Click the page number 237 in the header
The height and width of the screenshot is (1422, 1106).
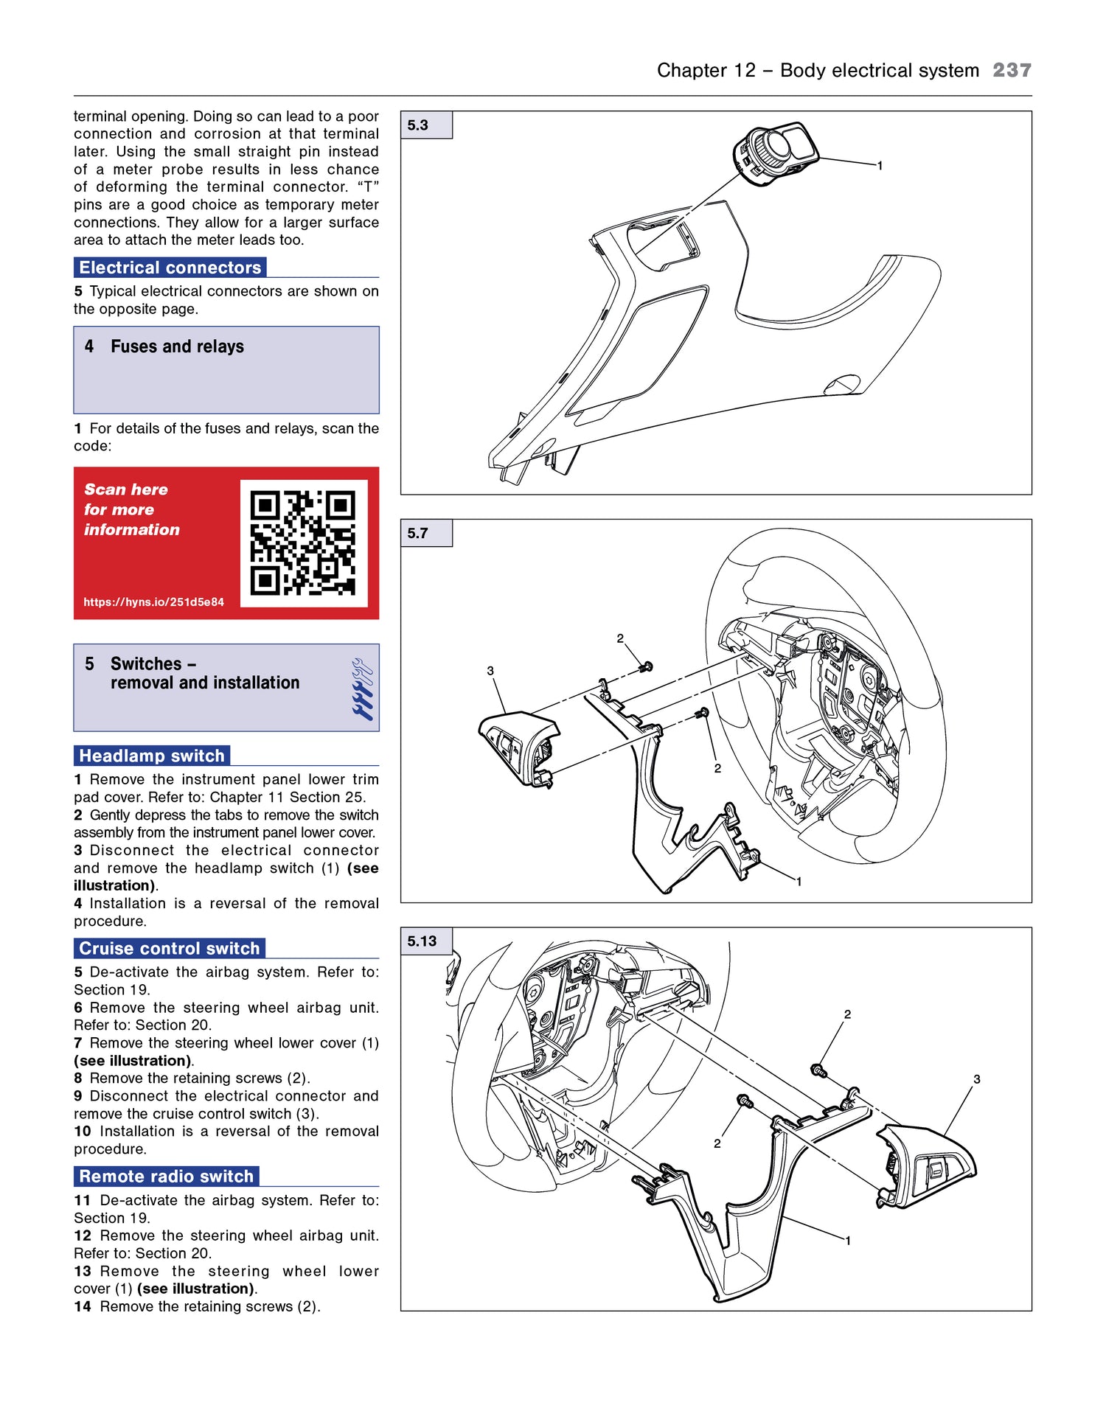(x=1011, y=70)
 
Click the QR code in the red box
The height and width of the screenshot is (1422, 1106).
(x=303, y=543)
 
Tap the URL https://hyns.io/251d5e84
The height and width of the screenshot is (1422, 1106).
(x=153, y=602)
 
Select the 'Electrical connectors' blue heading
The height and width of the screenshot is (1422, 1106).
(x=170, y=268)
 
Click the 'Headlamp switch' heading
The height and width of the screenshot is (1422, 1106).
(x=152, y=756)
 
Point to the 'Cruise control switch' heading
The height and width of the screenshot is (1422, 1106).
(x=170, y=949)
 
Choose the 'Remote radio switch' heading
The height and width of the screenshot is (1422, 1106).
(x=167, y=1177)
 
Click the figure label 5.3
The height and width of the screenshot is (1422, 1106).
(x=418, y=125)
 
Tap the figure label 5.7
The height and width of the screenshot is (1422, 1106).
(x=418, y=533)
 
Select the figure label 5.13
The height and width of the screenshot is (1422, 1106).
(x=422, y=941)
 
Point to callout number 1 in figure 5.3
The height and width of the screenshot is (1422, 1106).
(x=880, y=166)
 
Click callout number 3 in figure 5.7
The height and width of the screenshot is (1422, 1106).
(x=490, y=671)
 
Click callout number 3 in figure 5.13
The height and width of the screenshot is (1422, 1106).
(x=977, y=1079)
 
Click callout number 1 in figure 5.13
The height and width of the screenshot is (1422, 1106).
(x=848, y=1241)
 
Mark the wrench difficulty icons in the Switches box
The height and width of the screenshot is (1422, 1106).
(x=362, y=689)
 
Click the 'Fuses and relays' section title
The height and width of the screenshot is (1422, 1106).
(x=177, y=346)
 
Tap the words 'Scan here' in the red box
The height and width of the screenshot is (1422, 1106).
(x=126, y=489)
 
